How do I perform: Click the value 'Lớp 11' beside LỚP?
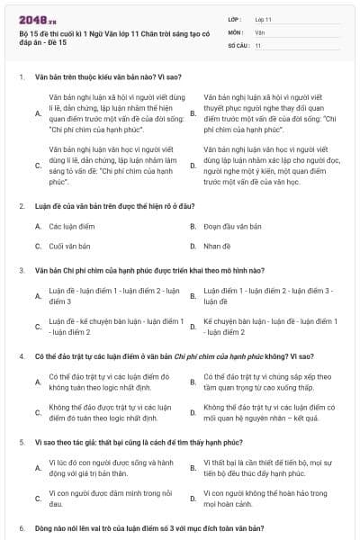click(x=264, y=18)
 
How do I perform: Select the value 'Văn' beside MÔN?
click(x=259, y=31)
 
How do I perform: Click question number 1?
click(x=22, y=77)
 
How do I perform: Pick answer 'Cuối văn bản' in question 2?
click(x=69, y=245)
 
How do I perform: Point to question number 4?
click(x=22, y=356)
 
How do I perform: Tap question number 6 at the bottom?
click(x=22, y=526)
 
